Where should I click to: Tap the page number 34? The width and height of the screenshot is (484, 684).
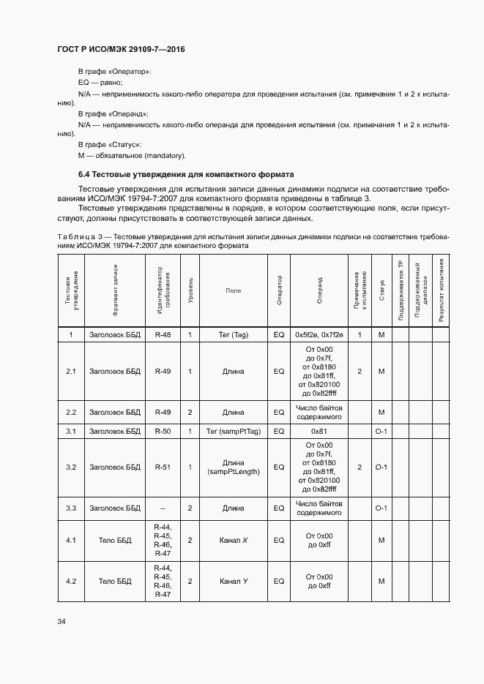coord(62,622)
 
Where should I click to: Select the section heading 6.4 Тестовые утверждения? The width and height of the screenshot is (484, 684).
coord(186,175)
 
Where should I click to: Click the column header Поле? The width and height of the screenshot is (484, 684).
coord(234,290)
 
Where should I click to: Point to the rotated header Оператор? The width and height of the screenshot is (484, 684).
coord(279,290)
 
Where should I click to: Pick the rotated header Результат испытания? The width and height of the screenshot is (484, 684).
coord(441,290)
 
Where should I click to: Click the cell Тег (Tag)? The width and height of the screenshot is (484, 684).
coord(234,334)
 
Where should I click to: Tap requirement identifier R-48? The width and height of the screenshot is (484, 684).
coord(163,334)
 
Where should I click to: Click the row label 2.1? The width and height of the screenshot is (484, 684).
coord(71,372)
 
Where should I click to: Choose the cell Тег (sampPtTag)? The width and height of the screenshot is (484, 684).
coord(234,432)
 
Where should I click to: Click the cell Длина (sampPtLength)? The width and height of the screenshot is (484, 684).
coord(234,467)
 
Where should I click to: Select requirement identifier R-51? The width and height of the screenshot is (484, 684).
coord(163,467)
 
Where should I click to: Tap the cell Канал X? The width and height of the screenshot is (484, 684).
coord(234,541)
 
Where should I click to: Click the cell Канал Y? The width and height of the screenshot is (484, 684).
coord(234,582)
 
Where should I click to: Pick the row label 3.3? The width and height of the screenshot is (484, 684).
coord(71,508)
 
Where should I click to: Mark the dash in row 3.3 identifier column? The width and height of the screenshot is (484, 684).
coord(163,508)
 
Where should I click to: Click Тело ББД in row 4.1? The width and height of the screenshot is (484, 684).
coord(114,541)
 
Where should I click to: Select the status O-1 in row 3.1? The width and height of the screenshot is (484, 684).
coord(381,432)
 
